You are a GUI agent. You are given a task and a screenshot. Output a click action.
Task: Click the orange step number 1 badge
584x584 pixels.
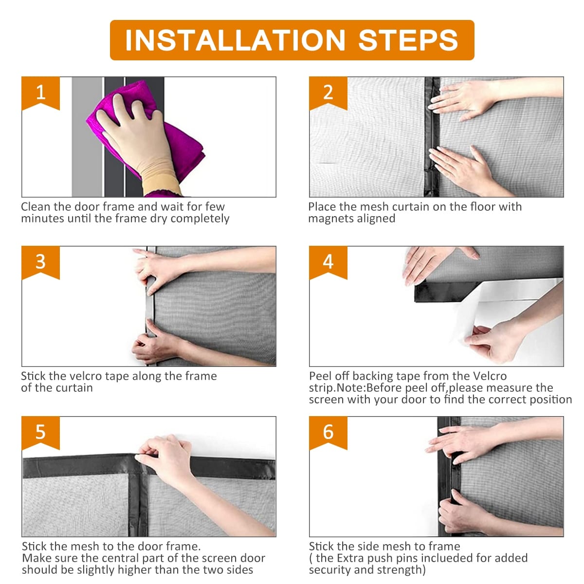pos(40,92)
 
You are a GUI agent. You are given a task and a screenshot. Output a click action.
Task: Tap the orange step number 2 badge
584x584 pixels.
pos(328,92)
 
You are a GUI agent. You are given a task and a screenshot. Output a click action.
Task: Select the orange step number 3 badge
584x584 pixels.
pos(40,262)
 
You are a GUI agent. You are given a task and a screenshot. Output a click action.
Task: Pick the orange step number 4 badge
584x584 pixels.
pos(328,262)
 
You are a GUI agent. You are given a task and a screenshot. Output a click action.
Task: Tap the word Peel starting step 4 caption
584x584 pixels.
pos(321,376)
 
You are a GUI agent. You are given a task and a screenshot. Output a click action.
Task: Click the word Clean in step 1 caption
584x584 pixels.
pos(36,207)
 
